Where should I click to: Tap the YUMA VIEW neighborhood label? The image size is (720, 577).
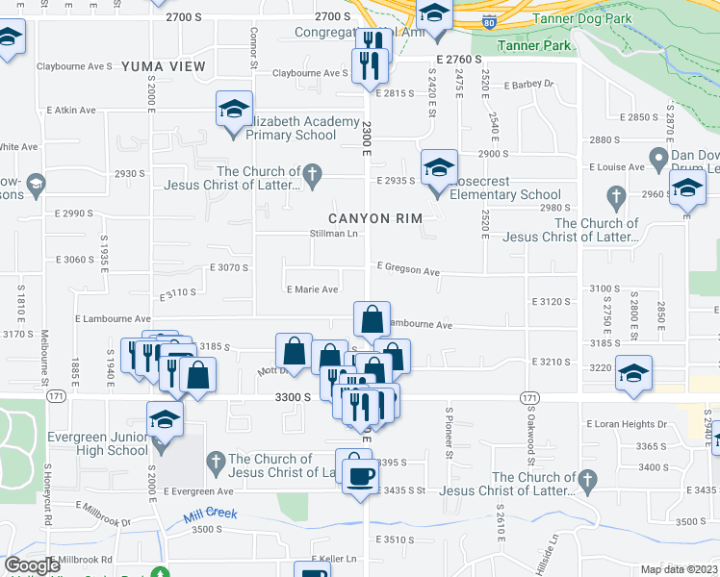[164, 66]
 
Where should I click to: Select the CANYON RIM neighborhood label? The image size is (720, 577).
[375, 219]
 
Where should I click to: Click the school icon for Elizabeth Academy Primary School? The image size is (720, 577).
[233, 112]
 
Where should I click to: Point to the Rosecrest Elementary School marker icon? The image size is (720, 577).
[439, 168]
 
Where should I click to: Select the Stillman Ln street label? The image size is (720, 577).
[333, 234]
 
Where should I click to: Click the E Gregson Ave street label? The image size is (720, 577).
[408, 269]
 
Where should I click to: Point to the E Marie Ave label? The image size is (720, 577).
[312, 289]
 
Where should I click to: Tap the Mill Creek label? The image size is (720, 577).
[211, 515]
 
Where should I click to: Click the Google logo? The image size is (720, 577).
[33, 565]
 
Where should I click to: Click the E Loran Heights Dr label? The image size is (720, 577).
[627, 424]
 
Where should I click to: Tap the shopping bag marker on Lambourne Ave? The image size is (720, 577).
[372, 318]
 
